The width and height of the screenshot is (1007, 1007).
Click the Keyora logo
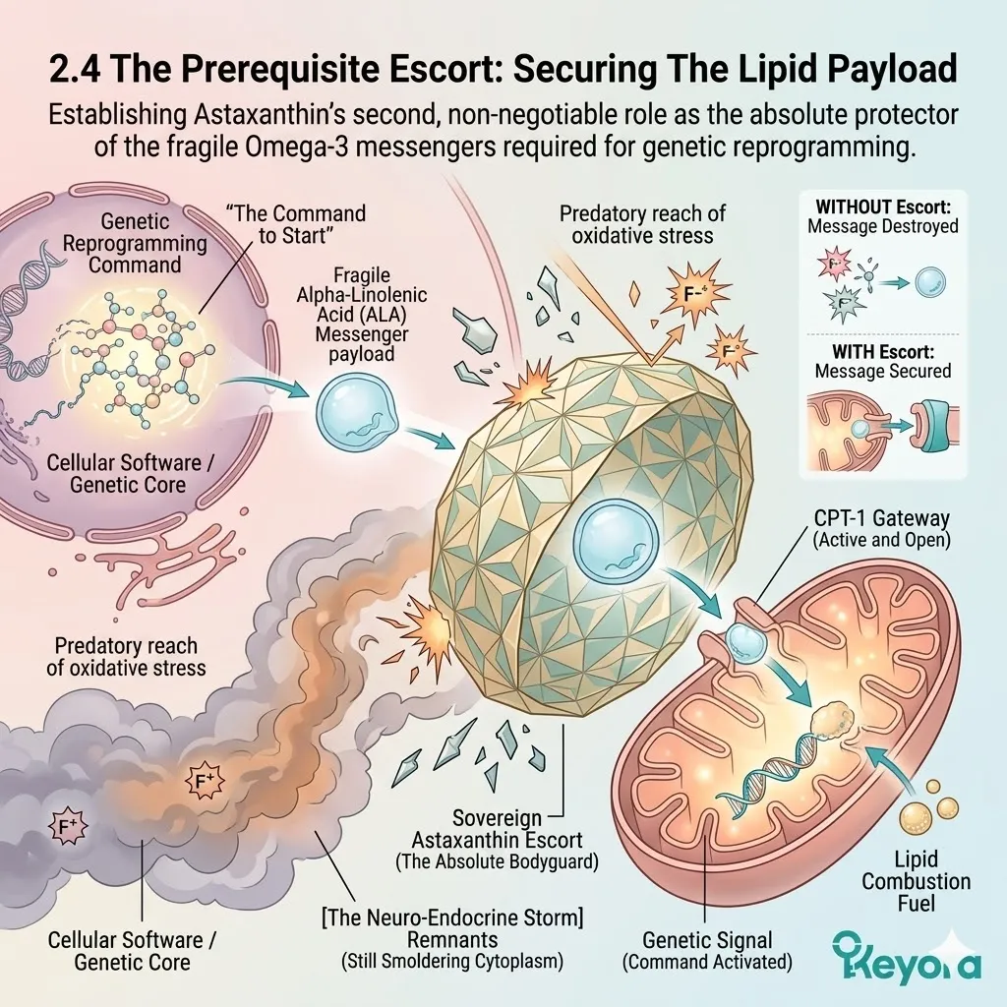coord(906,959)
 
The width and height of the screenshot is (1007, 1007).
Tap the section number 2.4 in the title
coord(75,69)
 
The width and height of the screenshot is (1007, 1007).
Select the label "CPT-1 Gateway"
coord(882,517)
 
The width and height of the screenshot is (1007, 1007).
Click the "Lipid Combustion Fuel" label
coord(916,881)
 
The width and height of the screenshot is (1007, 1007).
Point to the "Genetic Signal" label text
coord(707,940)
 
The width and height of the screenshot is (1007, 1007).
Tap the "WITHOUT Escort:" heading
coord(883,207)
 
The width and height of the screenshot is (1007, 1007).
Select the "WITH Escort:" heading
coord(883,351)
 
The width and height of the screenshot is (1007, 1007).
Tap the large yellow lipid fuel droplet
coord(916,821)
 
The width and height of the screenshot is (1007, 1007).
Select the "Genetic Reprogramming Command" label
coord(135,243)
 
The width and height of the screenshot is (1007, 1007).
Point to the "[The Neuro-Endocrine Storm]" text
coord(452,918)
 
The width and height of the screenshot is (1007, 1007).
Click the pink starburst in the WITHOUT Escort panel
coord(834,264)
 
